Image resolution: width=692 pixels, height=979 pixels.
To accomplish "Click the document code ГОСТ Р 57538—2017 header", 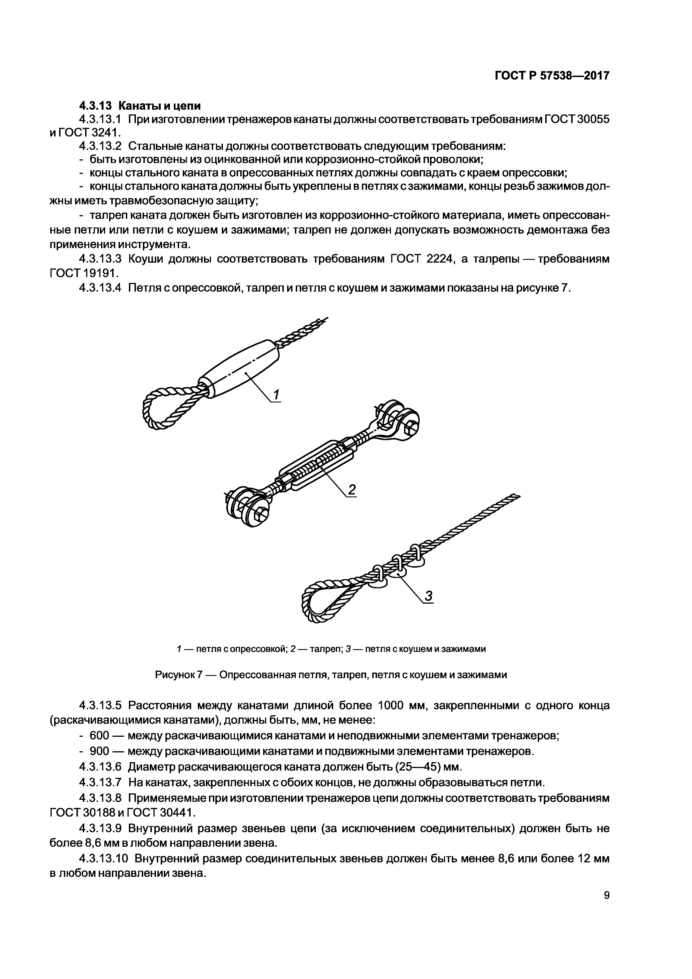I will tap(552, 76).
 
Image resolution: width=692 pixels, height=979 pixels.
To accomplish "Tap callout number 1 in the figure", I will tap(276, 395).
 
